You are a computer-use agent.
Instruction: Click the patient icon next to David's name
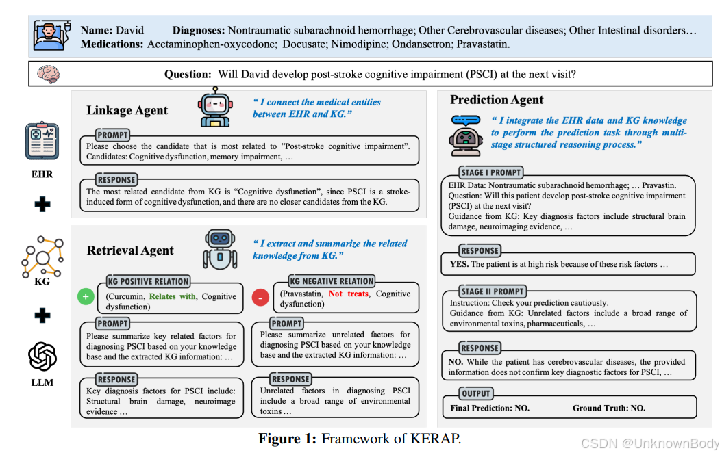coord(53,36)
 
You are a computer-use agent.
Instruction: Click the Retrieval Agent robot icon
coord(219,249)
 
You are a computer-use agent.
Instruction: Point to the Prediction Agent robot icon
coord(465,131)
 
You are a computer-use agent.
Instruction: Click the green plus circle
coord(86,297)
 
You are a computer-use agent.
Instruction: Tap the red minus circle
coord(260,297)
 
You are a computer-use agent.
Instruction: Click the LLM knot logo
coord(42,356)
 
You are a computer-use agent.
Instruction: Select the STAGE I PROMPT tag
coord(491,172)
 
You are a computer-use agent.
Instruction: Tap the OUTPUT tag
coord(475,393)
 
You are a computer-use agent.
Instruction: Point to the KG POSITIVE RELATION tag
coord(148,281)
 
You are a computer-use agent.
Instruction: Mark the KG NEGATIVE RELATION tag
coord(332,281)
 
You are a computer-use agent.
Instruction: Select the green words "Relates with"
coord(172,297)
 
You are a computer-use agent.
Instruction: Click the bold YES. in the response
coord(459,264)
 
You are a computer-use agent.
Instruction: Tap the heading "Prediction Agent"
coord(497,101)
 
